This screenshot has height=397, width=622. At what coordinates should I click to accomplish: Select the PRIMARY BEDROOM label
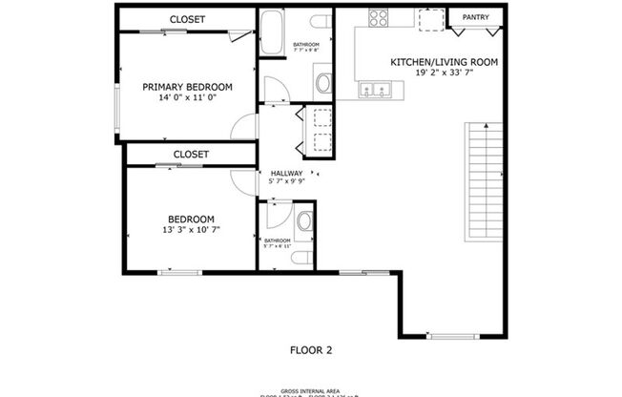(x=187, y=87)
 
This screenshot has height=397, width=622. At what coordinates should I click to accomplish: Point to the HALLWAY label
(x=287, y=173)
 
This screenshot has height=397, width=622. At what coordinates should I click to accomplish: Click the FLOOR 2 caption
(x=311, y=350)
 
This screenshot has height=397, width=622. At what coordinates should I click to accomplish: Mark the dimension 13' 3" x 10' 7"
(x=192, y=230)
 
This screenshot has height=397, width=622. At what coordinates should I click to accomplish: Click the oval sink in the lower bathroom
(x=304, y=222)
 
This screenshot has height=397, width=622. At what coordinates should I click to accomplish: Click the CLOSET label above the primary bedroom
(x=187, y=19)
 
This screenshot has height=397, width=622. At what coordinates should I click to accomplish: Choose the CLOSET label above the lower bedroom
(x=191, y=154)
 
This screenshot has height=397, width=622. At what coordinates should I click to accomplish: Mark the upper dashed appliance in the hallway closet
(x=317, y=117)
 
